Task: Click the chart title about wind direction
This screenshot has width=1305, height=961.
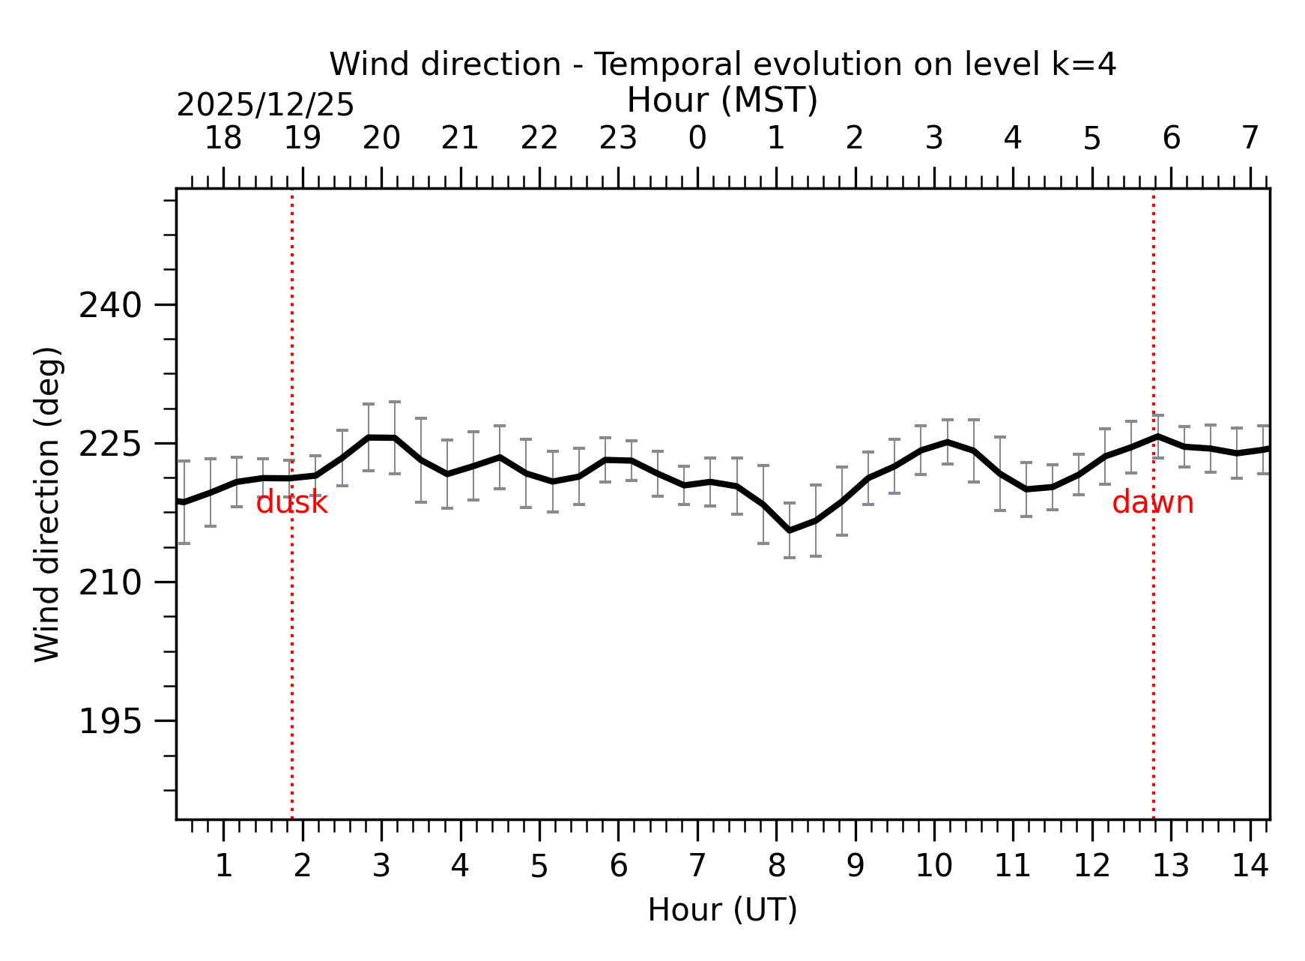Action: pyautogui.click(x=722, y=64)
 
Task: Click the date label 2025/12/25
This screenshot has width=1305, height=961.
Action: pyautogui.click(x=264, y=106)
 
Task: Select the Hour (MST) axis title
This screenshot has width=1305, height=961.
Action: pyautogui.click(x=722, y=100)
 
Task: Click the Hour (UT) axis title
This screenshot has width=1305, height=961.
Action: pyautogui.click(x=722, y=910)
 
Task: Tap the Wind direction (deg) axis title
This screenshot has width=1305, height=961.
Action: pyautogui.click(x=47, y=504)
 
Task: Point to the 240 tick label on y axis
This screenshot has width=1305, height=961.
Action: pyautogui.click(x=110, y=306)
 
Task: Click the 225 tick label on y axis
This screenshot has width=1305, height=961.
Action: pyautogui.click(x=110, y=445)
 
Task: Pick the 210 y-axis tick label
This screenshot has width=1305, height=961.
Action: pyautogui.click(x=110, y=583)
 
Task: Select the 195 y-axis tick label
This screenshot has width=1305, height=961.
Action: pyautogui.click(x=110, y=722)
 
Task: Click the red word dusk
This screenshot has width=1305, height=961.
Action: pyautogui.click(x=291, y=503)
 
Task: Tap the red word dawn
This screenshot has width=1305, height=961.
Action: pyautogui.click(x=1152, y=503)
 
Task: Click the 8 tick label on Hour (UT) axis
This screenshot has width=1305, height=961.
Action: pyautogui.click(x=776, y=867)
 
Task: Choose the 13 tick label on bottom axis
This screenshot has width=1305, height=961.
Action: pyautogui.click(x=1171, y=867)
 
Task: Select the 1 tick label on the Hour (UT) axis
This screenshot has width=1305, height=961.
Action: pyautogui.click(x=223, y=867)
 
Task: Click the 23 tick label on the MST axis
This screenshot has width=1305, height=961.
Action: pyautogui.click(x=618, y=139)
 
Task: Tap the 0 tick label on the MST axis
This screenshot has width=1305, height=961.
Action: pyautogui.click(x=697, y=139)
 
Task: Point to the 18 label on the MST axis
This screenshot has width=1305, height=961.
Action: pyautogui.click(x=223, y=139)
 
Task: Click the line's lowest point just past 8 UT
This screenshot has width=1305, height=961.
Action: pyautogui.click(x=790, y=531)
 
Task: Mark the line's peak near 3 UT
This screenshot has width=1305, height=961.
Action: pyautogui.click(x=369, y=437)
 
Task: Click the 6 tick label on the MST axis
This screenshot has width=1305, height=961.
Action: pyautogui.click(x=1171, y=139)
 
